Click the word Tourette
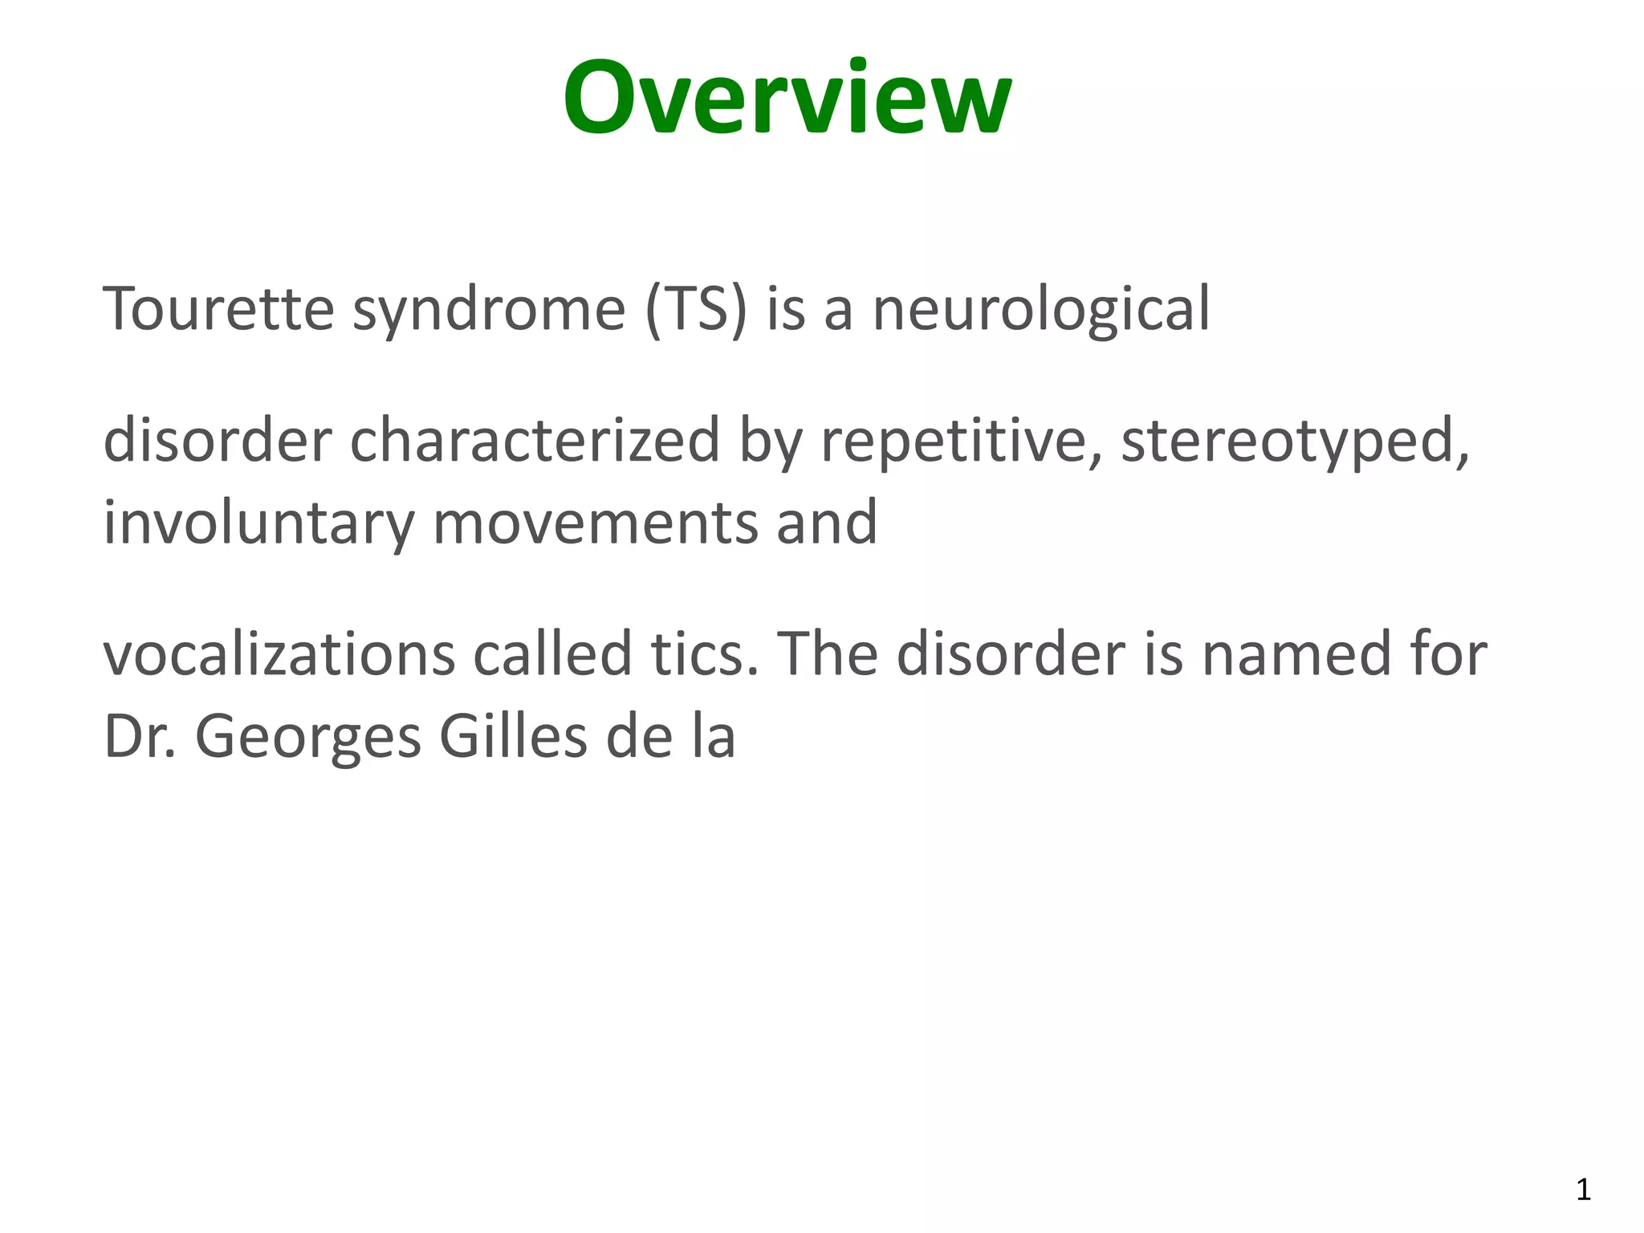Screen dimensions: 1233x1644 218,309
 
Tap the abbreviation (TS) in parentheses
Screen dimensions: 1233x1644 695,309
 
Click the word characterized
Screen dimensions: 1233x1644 535,441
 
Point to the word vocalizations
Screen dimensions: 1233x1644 279,654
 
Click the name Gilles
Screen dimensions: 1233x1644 513,737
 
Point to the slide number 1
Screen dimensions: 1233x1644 1583,1190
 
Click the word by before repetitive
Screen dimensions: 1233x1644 770,442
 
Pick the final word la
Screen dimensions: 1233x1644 713,737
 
